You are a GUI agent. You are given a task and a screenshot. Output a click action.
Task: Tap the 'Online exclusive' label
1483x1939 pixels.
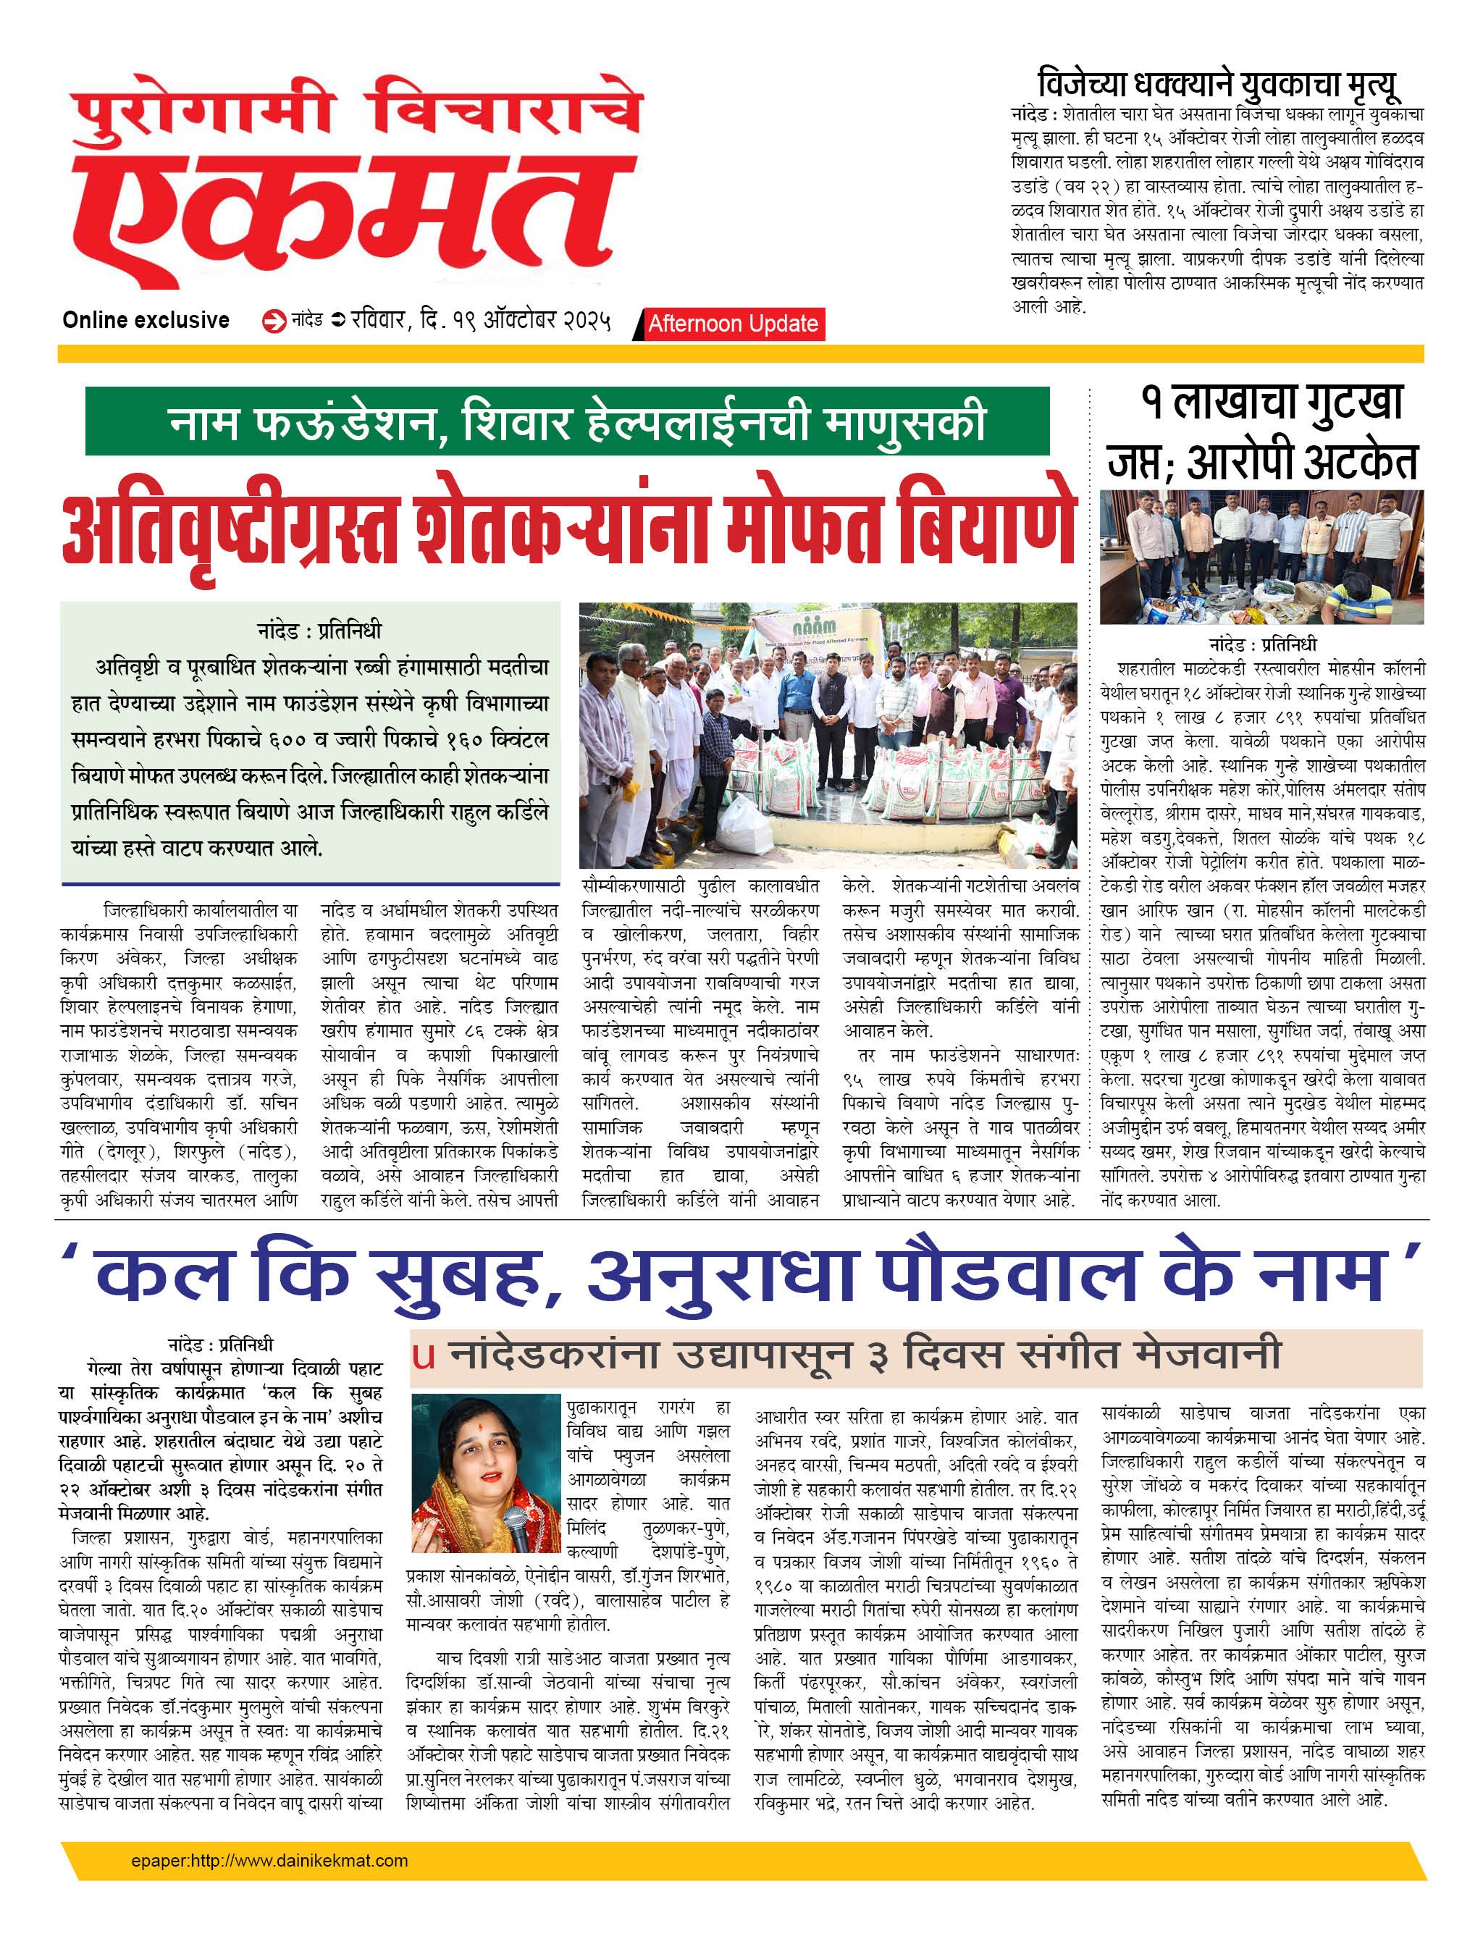[x=146, y=320]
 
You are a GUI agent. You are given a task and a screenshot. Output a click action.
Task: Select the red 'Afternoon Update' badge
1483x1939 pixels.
[x=733, y=324]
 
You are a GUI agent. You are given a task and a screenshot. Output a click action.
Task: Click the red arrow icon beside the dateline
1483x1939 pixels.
[x=274, y=321]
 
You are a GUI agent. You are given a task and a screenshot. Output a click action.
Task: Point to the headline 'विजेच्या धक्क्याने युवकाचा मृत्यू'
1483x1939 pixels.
[x=1217, y=85]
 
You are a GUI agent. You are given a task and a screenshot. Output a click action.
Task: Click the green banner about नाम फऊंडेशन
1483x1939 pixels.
[x=567, y=422]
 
